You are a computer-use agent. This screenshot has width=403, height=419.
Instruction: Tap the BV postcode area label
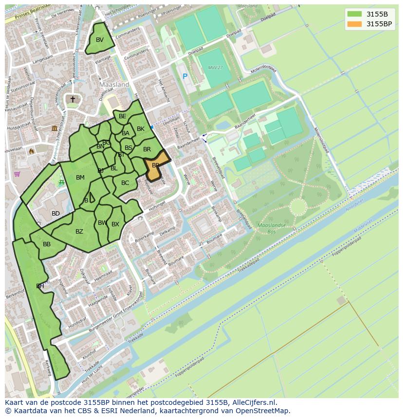point(100,40)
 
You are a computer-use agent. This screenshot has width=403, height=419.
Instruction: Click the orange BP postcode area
point(156,165)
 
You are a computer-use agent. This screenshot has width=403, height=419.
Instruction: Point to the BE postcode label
point(123,116)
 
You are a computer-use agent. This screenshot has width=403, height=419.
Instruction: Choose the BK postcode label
point(141,129)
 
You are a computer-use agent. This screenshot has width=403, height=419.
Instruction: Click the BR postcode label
point(147,149)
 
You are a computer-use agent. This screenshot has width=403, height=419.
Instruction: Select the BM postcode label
point(80,178)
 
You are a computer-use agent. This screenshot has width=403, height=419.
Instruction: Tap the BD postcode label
point(55,214)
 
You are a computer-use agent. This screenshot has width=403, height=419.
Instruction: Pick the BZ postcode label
point(79,232)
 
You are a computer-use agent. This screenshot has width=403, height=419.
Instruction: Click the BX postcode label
point(115,224)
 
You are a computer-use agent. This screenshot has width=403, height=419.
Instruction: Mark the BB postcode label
point(47,244)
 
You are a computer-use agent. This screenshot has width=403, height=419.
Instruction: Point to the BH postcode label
point(40,286)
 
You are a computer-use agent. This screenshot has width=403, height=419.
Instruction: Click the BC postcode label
point(125,183)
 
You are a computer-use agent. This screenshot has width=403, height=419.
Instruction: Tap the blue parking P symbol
point(184,76)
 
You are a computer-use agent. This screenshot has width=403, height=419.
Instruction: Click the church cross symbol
point(73,99)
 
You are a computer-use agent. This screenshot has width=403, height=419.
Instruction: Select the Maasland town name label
point(114,85)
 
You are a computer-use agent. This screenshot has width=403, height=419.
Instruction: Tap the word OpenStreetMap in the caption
point(263,411)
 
